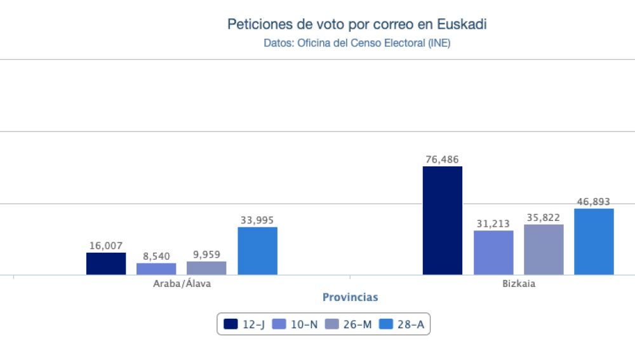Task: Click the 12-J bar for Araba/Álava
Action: (x=106, y=263)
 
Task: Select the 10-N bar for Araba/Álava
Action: (x=156, y=269)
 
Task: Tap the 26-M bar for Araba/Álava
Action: (x=206, y=268)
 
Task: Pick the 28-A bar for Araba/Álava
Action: (x=257, y=251)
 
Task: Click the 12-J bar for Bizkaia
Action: (x=443, y=220)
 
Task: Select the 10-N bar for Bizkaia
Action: (x=493, y=253)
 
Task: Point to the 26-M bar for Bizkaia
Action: (x=544, y=250)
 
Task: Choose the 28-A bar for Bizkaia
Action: (x=594, y=241)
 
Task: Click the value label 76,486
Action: (x=443, y=159)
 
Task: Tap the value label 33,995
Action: (x=257, y=220)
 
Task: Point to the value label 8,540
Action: (x=156, y=257)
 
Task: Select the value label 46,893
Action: (x=594, y=202)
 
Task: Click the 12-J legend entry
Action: (x=244, y=324)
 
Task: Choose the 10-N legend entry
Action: (x=295, y=324)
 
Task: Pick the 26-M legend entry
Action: (x=349, y=324)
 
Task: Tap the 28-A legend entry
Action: (x=401, y=324)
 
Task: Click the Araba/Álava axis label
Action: (x=182, y=284)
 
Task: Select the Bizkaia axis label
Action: (x=518, y=284)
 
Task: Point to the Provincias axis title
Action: (x=350, y=297)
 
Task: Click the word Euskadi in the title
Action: (x=462, y=25)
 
